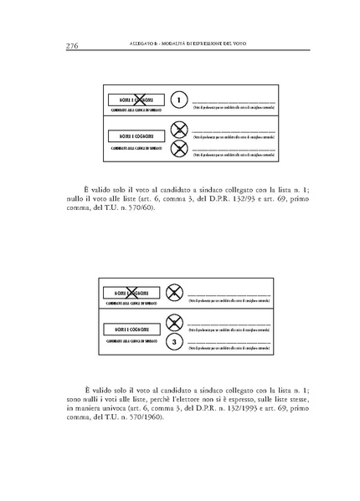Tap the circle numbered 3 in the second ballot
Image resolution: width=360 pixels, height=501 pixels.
click(174, 343)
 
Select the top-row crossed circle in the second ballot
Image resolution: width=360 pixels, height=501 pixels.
click(174, 293)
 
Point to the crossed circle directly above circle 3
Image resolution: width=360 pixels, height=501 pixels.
click(174, 323)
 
